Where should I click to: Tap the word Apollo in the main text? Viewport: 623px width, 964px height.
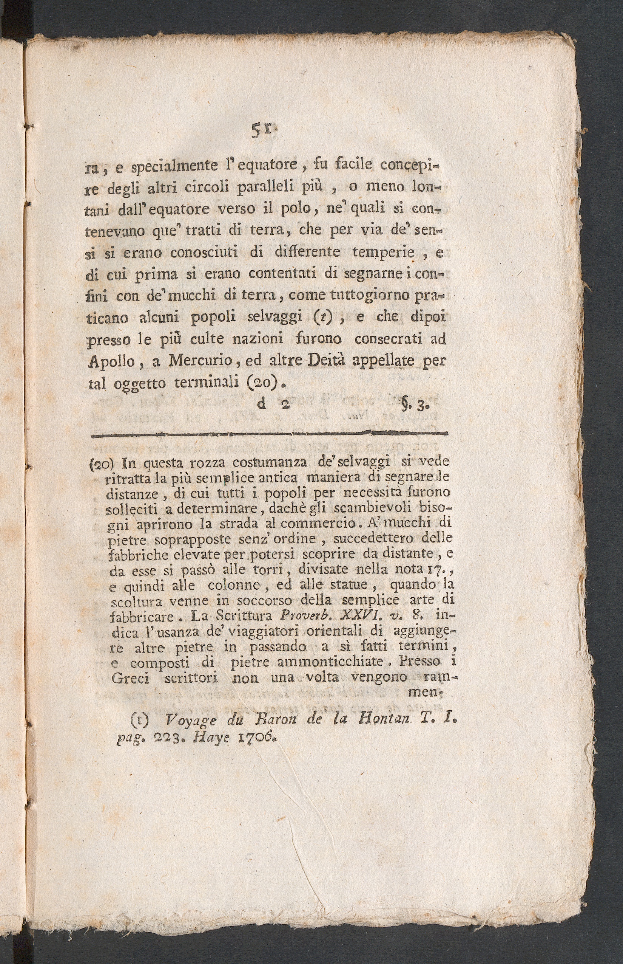click(111, 361)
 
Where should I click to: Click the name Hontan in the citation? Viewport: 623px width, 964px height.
click(389, 719)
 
